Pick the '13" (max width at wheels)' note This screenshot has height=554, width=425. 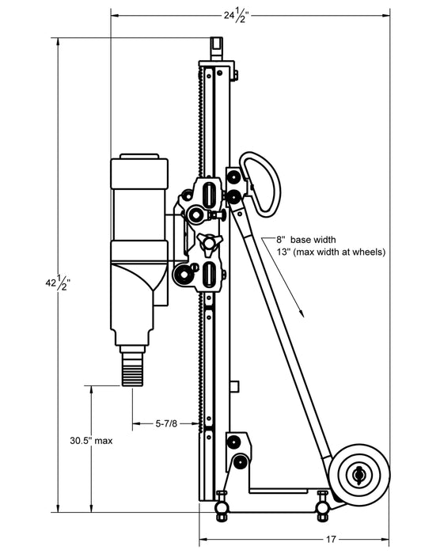pyautogui.click(x=331, y=252)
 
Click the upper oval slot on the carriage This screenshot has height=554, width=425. pyautogui.click(x=209, y=195)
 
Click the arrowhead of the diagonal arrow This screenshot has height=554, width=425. pyautogui.click(x=301, y=313)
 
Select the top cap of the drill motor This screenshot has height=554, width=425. pyautogui.click(x=139, y=169)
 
